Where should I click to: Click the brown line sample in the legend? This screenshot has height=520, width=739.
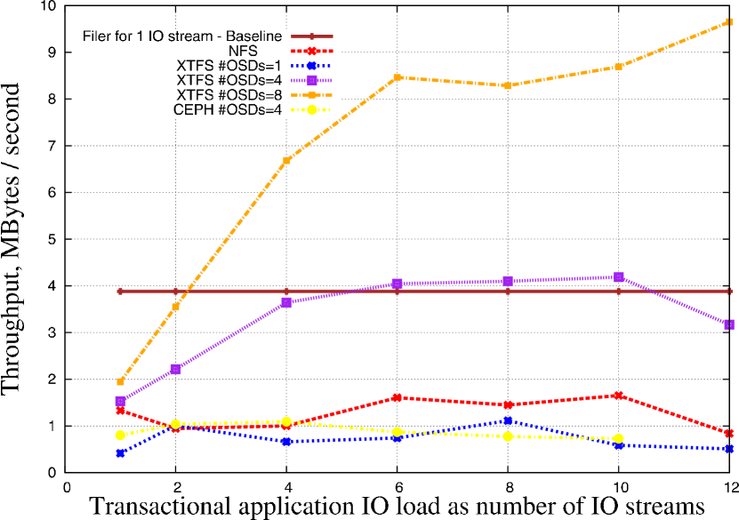click(x=311, y=36)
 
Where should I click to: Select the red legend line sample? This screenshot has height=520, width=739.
click(x=311, y=51)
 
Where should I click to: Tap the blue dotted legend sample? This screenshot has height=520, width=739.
click(x=311, y=66)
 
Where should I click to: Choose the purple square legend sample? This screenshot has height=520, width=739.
click(x=311, y=80)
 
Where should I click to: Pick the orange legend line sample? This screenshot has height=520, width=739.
click(x=311, y=95)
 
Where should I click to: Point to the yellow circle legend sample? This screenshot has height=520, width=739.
click(x=311, y=110)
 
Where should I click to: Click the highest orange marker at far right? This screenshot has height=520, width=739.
click(x=728, y=21)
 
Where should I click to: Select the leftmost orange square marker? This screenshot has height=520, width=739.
click(x=120, y=381)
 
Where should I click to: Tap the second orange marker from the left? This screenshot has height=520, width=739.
click(x=175, y=307)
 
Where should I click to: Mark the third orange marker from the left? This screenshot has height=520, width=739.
click(x=286, y=160)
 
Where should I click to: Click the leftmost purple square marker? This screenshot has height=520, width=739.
click(x=120, y=401)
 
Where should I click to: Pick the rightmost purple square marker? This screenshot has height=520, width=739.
click(x=728, y=324)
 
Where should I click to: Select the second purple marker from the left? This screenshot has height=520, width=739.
click(x=175, y=369)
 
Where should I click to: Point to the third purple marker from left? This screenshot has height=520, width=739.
click(x=286, y=302)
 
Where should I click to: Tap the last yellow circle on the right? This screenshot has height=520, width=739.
click(x=618, y=438)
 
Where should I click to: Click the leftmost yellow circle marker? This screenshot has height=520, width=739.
click(x=120, y=435)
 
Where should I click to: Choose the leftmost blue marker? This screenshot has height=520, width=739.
click(x=120, y=453)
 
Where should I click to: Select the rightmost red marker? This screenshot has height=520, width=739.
click(x=728, y=433)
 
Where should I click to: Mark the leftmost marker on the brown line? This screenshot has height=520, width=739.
click(x=120, y=291)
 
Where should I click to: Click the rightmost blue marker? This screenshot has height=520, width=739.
click(x=728, y=449)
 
